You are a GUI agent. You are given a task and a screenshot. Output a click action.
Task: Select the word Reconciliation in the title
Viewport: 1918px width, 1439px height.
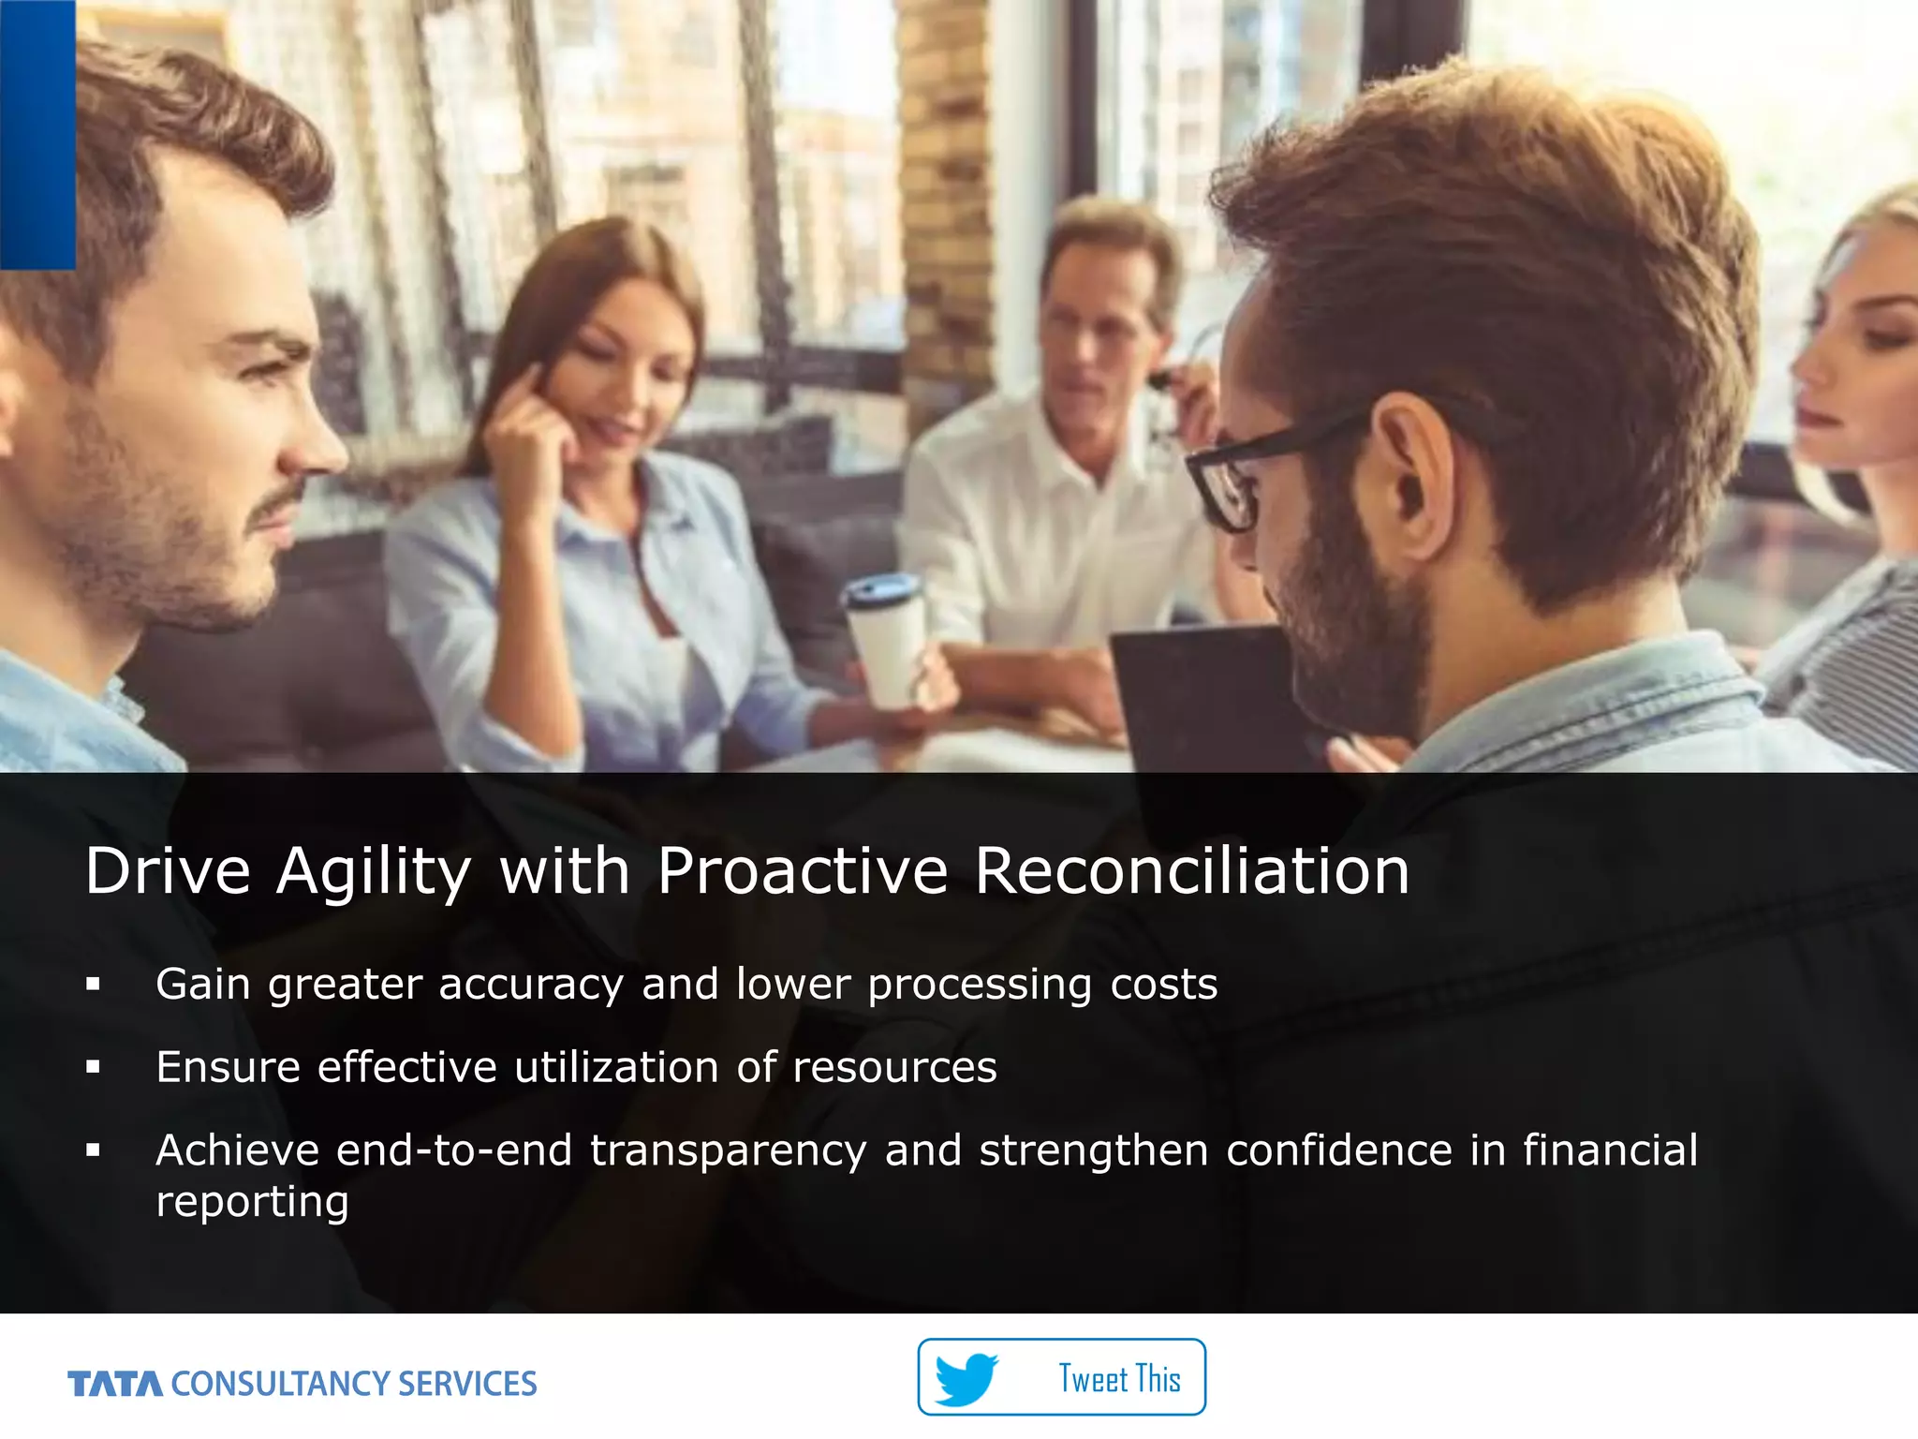pyautogui.click(x=1191, y=870)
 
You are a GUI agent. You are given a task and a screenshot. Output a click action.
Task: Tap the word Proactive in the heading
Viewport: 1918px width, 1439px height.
pyautogui.click(x=803, y=870)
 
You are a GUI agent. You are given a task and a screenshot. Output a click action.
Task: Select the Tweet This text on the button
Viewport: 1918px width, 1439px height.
pyautogui.click(x=1119, y=1379)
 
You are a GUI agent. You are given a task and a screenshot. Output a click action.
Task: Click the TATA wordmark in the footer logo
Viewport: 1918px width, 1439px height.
pyautogui.click(x=115, y=1384)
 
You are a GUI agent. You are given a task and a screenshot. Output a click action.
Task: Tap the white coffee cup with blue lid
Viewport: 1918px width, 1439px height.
pyautogui.click(x=886, y=641)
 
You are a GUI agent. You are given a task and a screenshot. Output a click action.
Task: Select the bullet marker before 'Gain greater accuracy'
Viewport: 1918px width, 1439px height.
pyautogui.click(x=93, y=984)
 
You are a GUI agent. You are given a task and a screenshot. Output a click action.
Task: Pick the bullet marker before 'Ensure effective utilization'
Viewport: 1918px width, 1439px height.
pyautogui.click(x=93, y=1066)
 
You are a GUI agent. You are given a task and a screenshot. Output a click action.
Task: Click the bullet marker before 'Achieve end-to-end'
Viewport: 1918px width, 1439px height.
pyautogui.click(x=93, y=1150)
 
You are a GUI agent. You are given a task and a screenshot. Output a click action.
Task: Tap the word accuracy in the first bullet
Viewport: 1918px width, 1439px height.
pyautogui.click(x=531, y=985)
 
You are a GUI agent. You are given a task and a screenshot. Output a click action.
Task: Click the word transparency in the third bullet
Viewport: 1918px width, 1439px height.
pyautogui.click(x=728, y=1151)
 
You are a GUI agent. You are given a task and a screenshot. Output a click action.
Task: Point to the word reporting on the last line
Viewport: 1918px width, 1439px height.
pyautogui.click(x=252, y=1202)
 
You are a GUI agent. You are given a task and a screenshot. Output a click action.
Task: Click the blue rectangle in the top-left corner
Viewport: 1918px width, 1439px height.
pyautogui.click(x=37, y=134)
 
